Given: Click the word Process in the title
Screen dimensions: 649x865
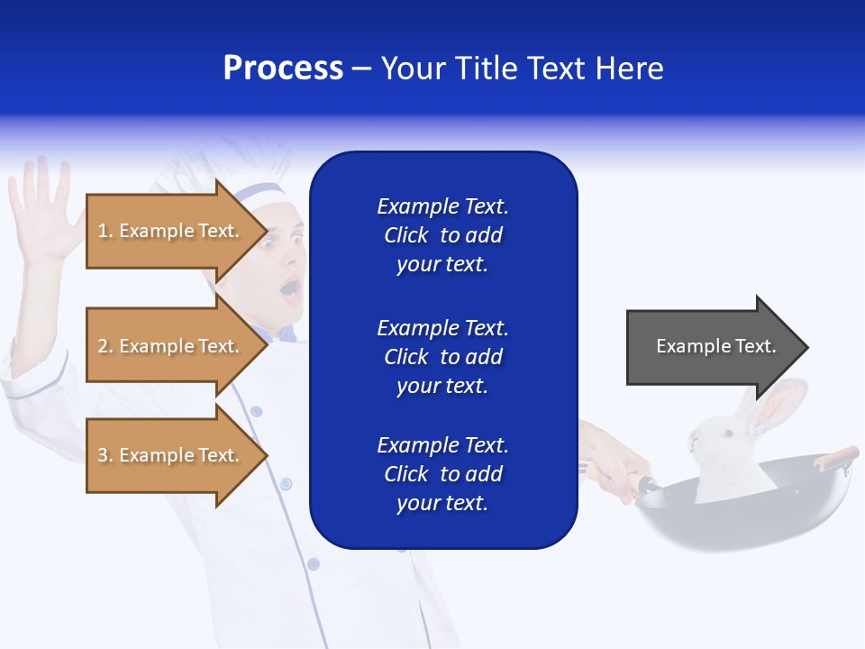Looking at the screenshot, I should click(283, 69).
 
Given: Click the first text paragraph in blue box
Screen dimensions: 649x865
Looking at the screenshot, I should click(442, 235).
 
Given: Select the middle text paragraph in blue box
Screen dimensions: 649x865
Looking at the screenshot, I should click(442, 357).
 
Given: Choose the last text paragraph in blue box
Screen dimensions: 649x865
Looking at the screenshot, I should click(442, 474).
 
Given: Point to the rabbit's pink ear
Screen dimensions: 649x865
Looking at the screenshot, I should click(778, 406).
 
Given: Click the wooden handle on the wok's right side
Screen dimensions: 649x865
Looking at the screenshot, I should click(835, 457).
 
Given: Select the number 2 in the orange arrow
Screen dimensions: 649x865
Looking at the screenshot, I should click(103, 346).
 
